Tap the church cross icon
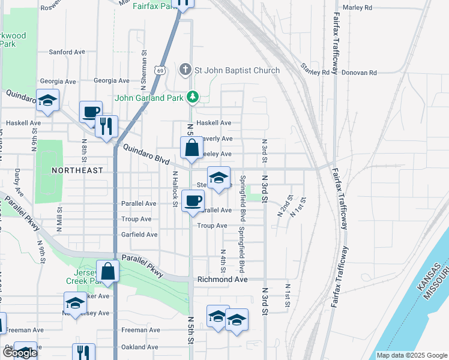(185, 70)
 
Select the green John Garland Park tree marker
(192, 96)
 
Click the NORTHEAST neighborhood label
(77, 170)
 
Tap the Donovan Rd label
(359, 73)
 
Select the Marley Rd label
(357, 8)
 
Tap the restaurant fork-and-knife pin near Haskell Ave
(106, 126)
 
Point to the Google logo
(20, 353)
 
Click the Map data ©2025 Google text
(411, 355)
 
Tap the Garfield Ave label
(139, 235)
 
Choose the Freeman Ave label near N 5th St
(140, 330)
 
